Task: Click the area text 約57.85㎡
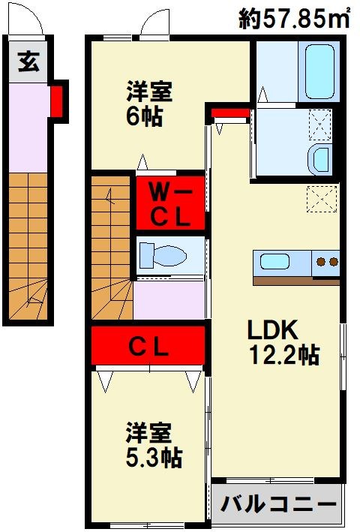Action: [x=295, y=18]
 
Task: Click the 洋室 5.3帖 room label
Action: [x=154, y=444]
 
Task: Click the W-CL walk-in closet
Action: [x=169, y=203]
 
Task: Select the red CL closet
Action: [x=148, y=347]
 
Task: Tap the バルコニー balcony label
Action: [x=277, y=503]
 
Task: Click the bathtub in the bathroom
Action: [x=319, y=72]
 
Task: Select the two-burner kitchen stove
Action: [x=327, y=263]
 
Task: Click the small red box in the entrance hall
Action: [x=57, y=102]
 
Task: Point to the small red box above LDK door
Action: [x=229, y=115]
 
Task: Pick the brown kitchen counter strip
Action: [x=297, y=281]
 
